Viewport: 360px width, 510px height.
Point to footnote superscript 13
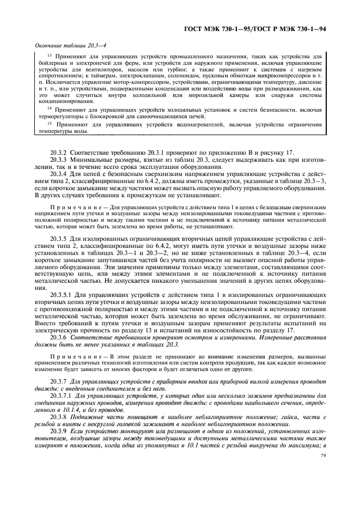[50, 54]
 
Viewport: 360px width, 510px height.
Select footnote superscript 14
[50, 108]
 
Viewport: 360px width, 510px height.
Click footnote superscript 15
[50, 123]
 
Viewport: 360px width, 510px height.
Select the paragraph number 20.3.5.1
[61, 294]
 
